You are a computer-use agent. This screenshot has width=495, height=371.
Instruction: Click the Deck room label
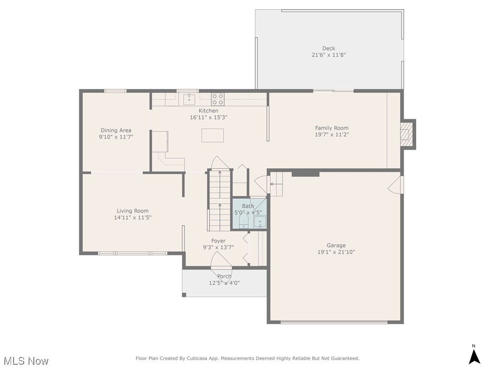tap(329, 48)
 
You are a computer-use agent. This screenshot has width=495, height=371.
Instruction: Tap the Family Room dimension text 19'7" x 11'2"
tap(332, 135)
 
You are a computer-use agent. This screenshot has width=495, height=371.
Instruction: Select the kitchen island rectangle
tap(213, 135)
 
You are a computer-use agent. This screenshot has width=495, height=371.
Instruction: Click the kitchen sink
tap(189, 99)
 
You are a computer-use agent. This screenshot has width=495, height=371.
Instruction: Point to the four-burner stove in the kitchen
tap(218, 99)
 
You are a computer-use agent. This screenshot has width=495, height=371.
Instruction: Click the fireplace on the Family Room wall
tap(406, 134)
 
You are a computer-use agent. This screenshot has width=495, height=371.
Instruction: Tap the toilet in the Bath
tap(244, 220)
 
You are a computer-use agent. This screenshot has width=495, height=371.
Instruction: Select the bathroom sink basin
tap(260, 222)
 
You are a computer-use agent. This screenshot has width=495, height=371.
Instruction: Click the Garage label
tap(336, 245)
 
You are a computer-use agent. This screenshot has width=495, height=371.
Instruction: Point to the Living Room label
tap(132, 211)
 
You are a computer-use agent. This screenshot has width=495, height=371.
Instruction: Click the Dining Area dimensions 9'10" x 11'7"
tap(116, 137)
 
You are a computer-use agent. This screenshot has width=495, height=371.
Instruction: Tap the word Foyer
tap(218, 241)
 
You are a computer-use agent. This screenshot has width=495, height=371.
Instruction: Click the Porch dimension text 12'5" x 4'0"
tap(224, 283)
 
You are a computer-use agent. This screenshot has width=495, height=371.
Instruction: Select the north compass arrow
tap(474, 357)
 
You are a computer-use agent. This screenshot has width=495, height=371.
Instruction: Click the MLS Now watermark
tap(27, 360)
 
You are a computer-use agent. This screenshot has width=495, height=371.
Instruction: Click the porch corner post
tap(184, 295)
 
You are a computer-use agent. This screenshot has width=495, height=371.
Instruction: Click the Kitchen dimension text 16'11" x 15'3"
tap(208, 117)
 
